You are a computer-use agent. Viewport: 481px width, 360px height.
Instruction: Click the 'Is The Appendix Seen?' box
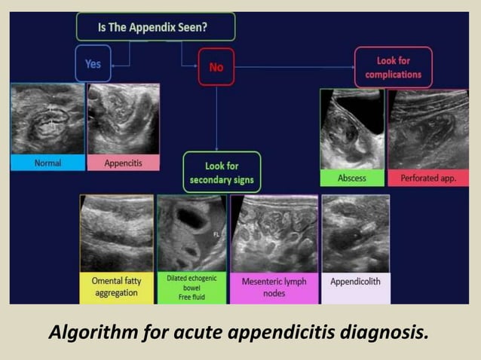(155, 26)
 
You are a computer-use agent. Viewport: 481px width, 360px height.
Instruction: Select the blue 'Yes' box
(93, 64)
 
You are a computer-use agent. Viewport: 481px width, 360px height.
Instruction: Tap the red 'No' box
(216, 67)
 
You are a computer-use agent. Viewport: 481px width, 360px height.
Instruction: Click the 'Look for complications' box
(393, 67)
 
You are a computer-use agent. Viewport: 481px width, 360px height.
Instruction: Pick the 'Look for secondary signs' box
(222, 172)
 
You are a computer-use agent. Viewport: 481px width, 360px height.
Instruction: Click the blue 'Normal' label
(47, 162)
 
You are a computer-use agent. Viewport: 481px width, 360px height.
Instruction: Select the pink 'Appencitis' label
(123, 162)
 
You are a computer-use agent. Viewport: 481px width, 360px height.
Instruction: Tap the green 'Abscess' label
(352, 178)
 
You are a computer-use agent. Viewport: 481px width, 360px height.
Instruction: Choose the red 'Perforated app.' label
(427, 178)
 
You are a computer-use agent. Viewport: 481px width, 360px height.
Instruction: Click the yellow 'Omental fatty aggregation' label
(117, 287)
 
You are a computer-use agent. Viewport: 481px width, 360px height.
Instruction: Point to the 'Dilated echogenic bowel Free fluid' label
(191, 287)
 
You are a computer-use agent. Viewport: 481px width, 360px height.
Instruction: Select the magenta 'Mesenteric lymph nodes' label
(274, 287)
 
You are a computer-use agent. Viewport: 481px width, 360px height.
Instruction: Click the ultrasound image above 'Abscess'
(352, 130)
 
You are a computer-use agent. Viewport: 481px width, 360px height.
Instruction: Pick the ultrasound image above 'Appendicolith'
(356, 233)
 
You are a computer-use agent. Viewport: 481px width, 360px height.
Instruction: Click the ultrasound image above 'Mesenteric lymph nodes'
(274, 233)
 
